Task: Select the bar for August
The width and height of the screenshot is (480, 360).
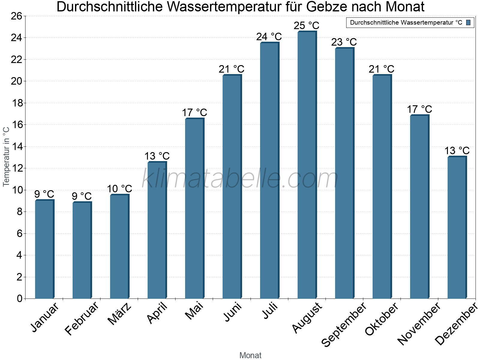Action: (307, 165)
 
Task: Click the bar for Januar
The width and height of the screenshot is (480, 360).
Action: (44, 249)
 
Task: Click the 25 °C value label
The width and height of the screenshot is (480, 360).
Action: (306, 25)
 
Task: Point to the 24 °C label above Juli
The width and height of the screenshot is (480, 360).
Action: (269, 37)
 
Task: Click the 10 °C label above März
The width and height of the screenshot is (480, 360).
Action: (119, 189)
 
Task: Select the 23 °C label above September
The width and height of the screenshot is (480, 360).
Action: (344, 42)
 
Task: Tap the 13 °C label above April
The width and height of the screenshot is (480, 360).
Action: (157, 156)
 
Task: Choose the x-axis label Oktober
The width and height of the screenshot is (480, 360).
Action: (382, 319)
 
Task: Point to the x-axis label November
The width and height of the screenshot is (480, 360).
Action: (419, 323)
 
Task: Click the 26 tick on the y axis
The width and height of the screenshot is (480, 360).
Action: (16, 16)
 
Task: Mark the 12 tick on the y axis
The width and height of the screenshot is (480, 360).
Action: (16, 168)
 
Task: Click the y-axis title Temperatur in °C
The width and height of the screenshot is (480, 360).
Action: (6, 157)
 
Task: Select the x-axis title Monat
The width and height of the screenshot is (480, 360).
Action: (250, 355)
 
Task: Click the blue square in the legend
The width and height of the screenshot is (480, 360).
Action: (468, 22)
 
